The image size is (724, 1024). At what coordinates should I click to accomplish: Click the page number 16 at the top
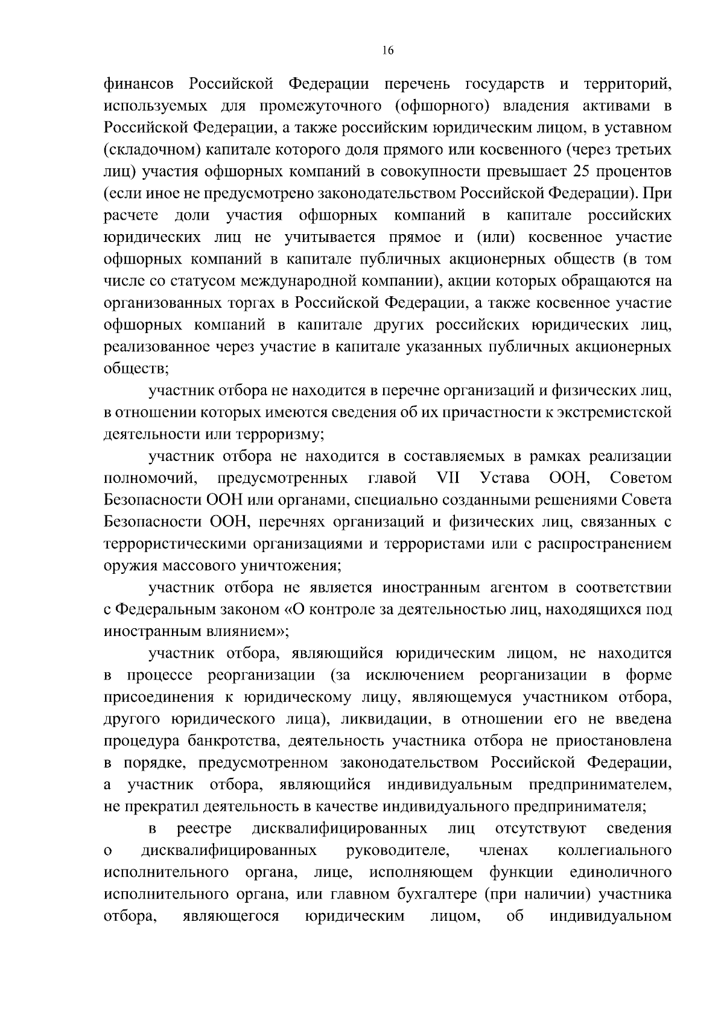point(387,51)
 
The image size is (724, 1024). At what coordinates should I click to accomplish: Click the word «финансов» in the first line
point(141,84)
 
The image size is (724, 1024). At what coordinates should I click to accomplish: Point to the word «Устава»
point(506,479)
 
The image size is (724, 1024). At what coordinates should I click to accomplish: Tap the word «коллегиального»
point(614,851)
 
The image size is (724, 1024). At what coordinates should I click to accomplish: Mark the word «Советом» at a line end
point(640,479)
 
